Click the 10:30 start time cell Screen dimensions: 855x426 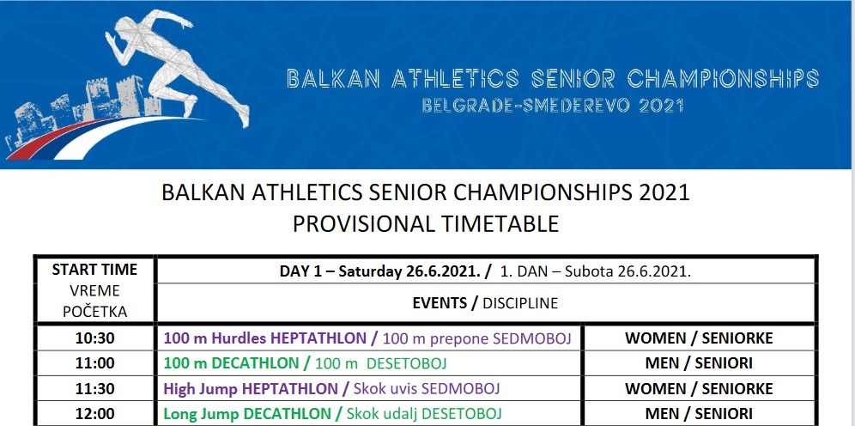click(95, 338)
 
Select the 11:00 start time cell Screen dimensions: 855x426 click(95, 363)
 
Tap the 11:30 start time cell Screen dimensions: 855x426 click(95, 389)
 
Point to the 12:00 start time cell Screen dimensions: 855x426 click(95, 414)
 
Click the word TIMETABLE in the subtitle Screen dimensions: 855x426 click(497, 224)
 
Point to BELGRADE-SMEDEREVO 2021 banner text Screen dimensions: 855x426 click(552, 105)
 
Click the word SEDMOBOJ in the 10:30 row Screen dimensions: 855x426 click(531, 338)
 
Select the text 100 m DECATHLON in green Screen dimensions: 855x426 click(231, 363)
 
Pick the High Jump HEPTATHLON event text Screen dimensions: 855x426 click(251, 389)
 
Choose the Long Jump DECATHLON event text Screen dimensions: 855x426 click(247, 414)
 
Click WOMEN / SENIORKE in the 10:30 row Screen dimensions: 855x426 click(699, 338)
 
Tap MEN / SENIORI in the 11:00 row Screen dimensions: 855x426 click(699, 363)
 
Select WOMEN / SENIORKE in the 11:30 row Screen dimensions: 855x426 click(699, 389)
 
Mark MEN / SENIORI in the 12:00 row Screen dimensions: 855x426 click(699, 414)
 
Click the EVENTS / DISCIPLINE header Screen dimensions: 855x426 click(485, 303)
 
